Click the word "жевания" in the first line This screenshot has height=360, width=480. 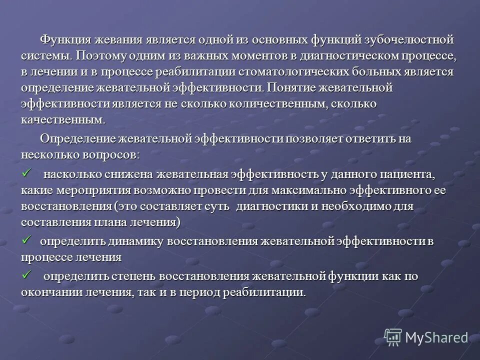click(x=117, y=39)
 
